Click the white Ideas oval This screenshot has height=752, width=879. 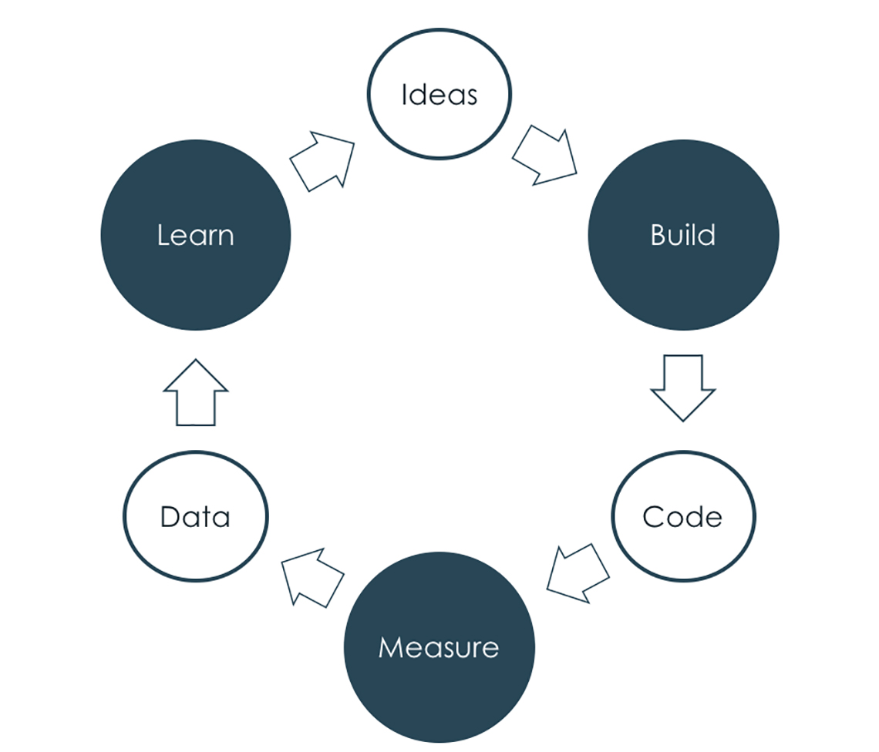point(439,95)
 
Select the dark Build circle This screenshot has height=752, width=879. point(683,235)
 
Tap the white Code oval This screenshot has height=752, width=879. point(683,516)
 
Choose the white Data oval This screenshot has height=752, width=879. point(196,516)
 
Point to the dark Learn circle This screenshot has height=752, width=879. point(196,235)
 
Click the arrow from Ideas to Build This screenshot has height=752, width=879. point(546,156)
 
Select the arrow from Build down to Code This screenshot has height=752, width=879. point(683,385)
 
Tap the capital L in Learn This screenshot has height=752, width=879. point(162,235)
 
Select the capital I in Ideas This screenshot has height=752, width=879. point(404,95)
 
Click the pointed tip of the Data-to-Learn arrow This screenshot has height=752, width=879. point(196,361)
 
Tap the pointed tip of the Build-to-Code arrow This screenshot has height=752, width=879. point(683,420)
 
